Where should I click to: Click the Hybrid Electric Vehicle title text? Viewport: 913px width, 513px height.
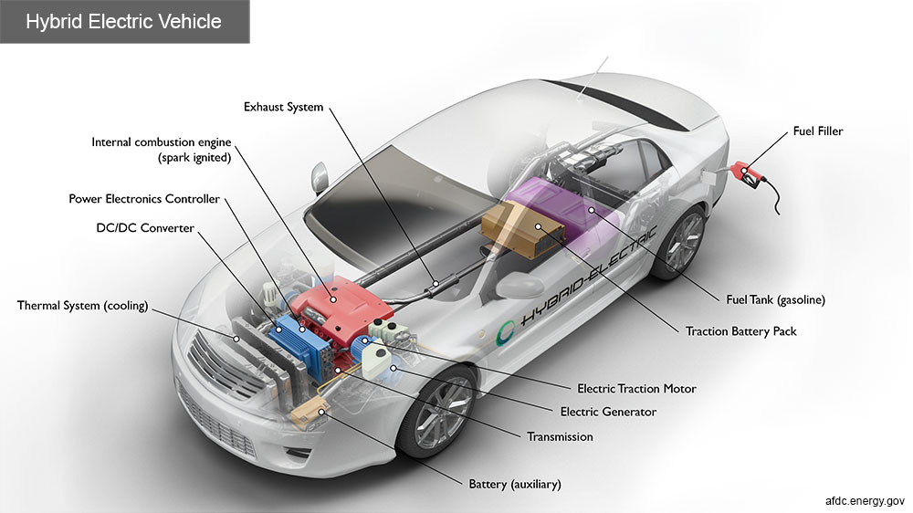124,21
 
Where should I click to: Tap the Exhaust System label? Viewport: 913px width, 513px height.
283,107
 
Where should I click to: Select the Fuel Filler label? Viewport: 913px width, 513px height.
817,131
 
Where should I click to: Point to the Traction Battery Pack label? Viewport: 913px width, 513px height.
740,331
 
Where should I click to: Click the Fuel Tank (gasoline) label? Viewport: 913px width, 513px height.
775,299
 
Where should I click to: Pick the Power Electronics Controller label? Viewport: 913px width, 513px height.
144,199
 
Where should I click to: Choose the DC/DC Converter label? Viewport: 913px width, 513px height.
144,227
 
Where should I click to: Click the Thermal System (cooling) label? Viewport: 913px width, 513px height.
82,305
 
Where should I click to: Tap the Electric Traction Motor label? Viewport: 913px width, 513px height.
636,389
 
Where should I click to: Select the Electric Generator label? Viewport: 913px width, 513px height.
608,413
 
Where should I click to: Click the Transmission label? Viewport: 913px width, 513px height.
560,437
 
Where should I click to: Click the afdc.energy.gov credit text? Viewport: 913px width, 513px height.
864,501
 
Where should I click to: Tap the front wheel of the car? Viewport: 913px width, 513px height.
436,412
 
